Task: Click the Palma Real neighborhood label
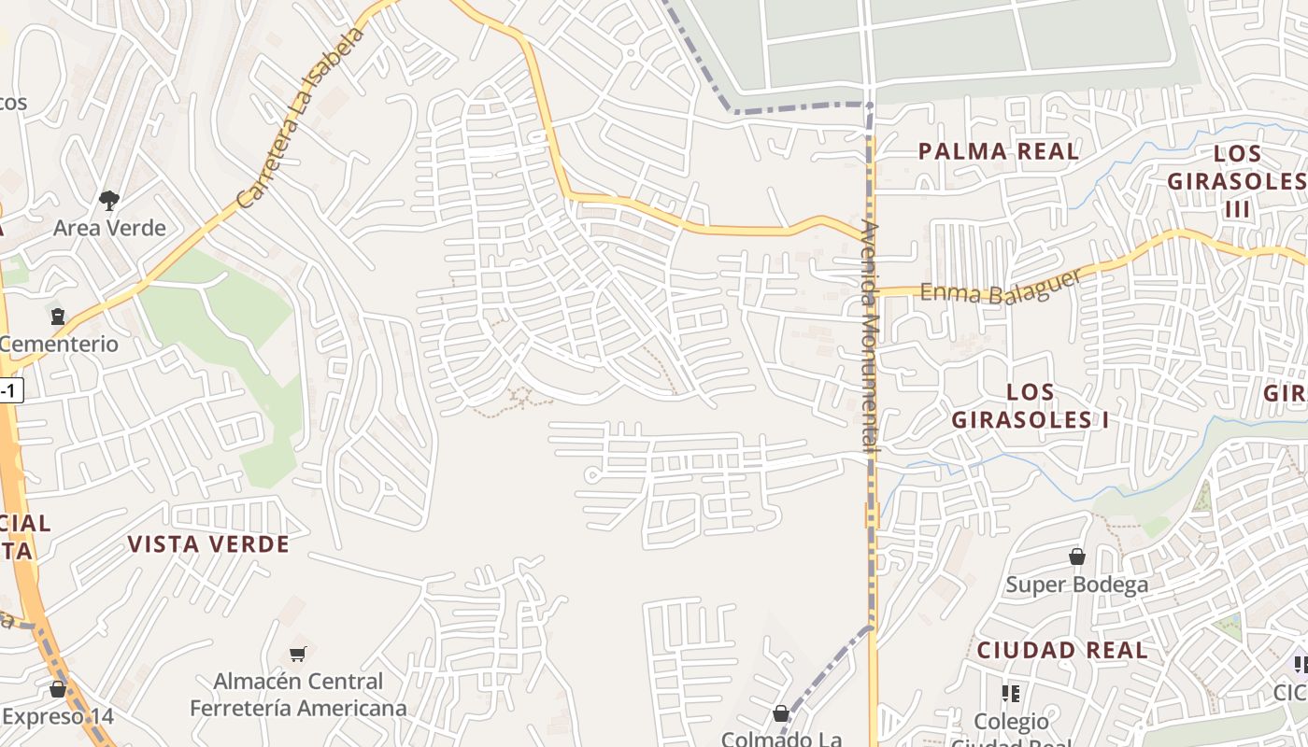tap(998, 151)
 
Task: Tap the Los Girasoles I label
tap(1031, 406)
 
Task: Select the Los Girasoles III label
tap(1237, 181)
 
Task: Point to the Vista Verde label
tap(208, 544)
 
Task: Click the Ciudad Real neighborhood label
tap(1062, 650)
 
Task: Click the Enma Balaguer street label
tap(1001, 288)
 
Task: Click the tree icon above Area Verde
tap(109, 200)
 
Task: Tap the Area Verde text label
tap(109, 228)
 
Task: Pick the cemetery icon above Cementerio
tap(59, 317)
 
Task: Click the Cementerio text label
tap(60, 344)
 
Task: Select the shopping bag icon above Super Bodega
tap(1077, 557)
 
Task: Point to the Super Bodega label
tap(1077, 585)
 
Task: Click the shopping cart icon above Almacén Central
tap(298, 655)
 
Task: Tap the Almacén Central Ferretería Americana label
tap(298, 696)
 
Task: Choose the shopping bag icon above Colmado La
tap(781, 714)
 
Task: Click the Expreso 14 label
tap(58, 717)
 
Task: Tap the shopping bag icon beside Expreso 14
tap(58, 690)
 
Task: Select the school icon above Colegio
tap(1010, 693)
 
